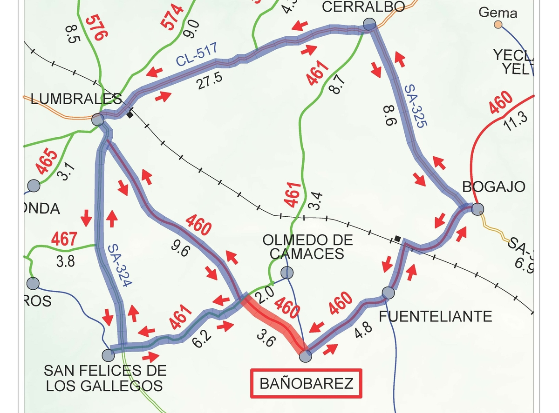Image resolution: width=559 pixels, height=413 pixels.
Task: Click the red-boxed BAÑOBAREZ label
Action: point(306,384)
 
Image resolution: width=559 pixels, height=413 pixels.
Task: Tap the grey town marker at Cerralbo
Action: point(369,24)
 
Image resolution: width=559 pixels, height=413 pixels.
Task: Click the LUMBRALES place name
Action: point(76,99)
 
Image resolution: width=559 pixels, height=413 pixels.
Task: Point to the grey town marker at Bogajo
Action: point(477,209)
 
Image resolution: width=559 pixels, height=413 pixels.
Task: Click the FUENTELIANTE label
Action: point(435,317)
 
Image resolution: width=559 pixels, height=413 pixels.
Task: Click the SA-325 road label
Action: point(416,106)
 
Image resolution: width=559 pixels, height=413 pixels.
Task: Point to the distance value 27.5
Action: point(209,80)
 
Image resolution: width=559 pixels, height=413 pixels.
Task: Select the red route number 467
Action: point(64,240)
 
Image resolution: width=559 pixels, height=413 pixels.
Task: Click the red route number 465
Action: point(47,162)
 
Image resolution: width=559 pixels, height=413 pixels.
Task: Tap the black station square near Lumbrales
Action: point(130,113)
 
